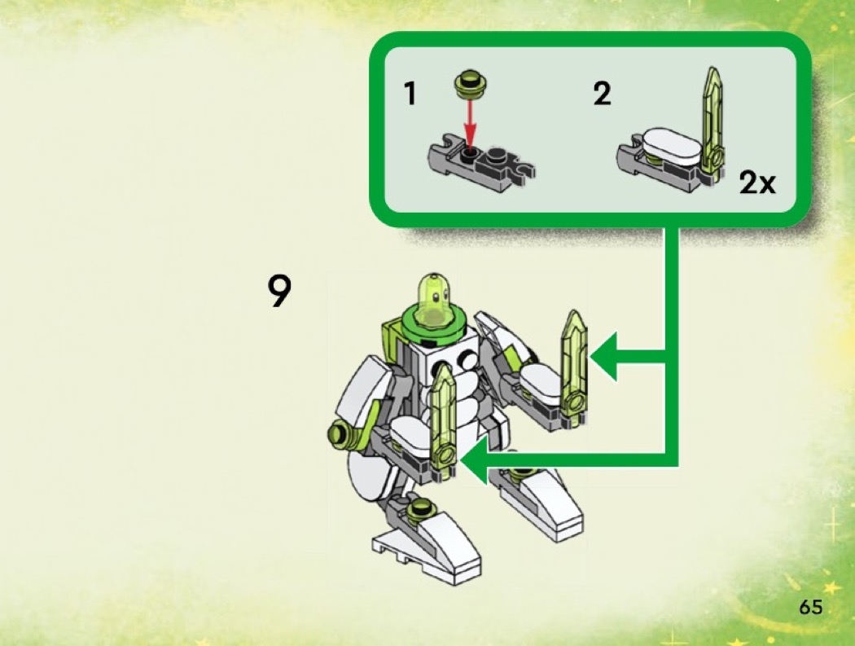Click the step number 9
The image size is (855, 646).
pyautogui.click(x=279, y=291)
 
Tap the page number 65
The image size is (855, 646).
pyautogui.click(x=810, y=607)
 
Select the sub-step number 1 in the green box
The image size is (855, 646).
pyautogui.click(x=410, y=94)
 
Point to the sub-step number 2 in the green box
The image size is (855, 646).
pyautogui.click(x=602, y=94)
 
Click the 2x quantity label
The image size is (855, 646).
pyautogui.click(x=756, y=182)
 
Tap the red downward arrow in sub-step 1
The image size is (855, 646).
pyautogui.click(x=470, y=125)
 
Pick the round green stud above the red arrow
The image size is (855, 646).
pyautogui.click(x=471, y=84)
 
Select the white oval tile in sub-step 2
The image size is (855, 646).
pyautogui.click(x=671, y=144)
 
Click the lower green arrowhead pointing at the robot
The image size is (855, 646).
pyautogui.click(x=475, y=460)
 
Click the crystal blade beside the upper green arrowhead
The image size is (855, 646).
pyautogui.click(x=573, y=367)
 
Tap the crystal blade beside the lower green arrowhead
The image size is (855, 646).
pyautogui.click(x=444, y=422)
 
